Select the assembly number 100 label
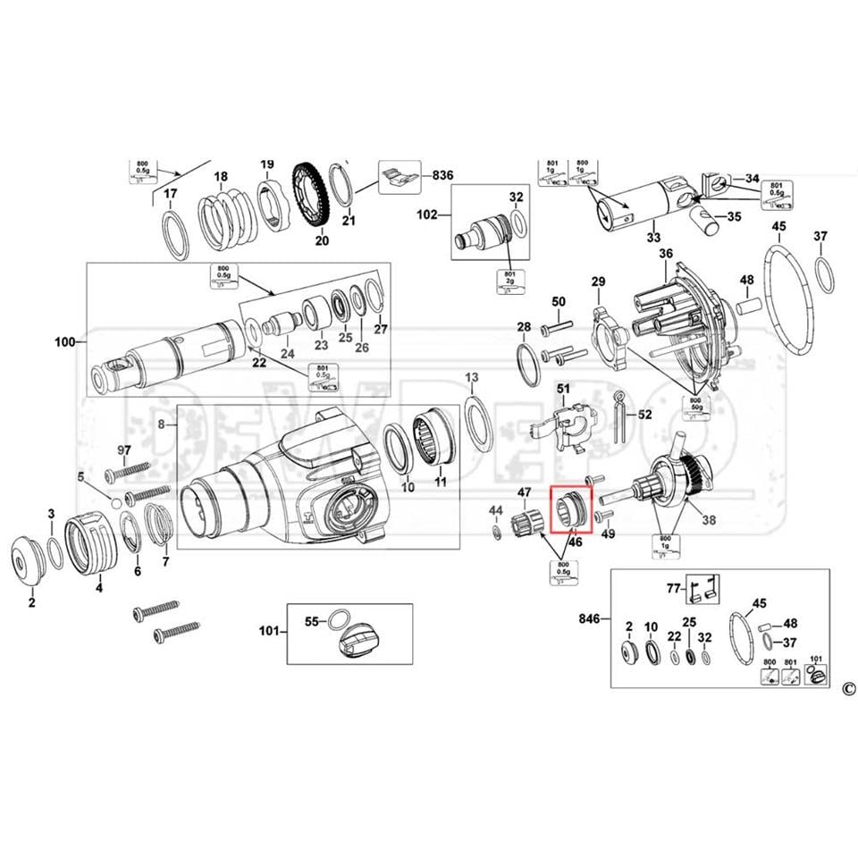[x=65, y=342]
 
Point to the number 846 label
[x=589, y=618]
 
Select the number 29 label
[x=598, y=283]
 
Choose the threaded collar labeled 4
[x=96, y=542]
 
